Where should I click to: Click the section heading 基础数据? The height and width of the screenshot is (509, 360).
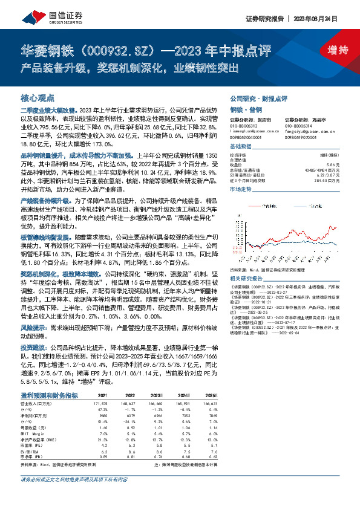point(240,147)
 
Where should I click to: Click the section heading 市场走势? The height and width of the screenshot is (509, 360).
point(240,189)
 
